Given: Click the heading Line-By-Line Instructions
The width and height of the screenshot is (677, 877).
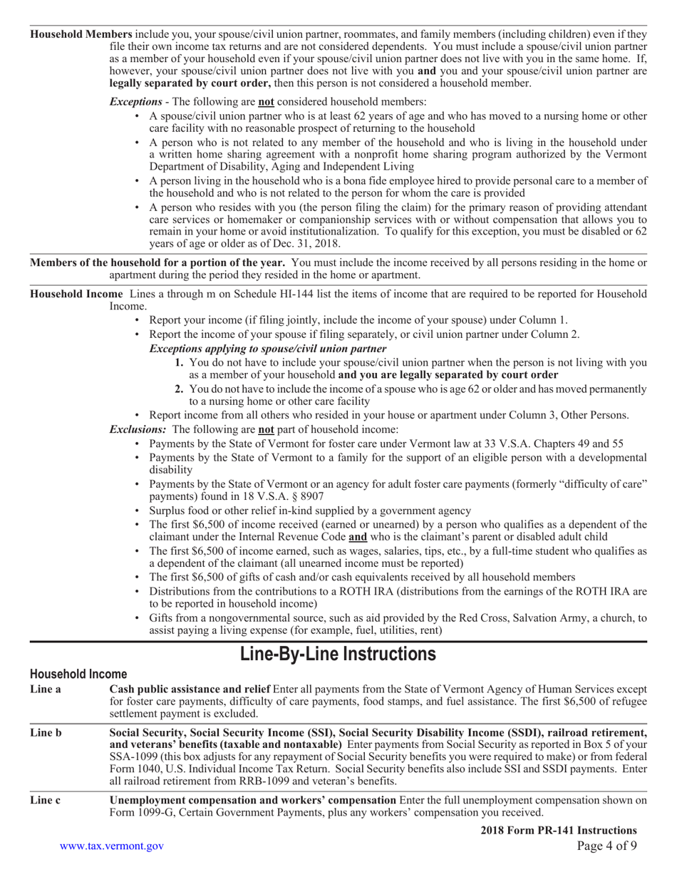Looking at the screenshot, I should tap(338, 653).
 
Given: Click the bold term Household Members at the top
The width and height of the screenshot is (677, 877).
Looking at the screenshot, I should tap(81, 34).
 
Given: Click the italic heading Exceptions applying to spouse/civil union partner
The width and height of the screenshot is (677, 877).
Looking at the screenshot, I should tap(268, 349).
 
